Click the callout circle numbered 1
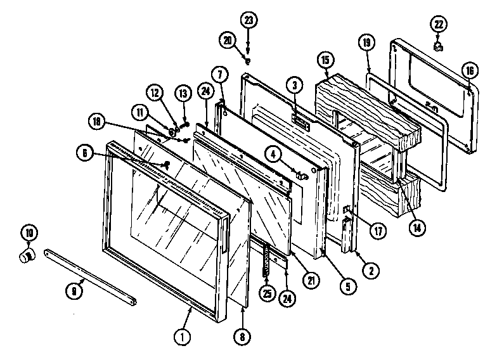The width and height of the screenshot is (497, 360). tap(182, 337)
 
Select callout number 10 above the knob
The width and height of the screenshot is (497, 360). tap(28, 233)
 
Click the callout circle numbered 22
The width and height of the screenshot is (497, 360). tap(439, 25)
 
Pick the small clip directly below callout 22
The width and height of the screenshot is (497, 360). tap(439, 46)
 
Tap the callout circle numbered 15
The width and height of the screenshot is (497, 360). tap(325, 60)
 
